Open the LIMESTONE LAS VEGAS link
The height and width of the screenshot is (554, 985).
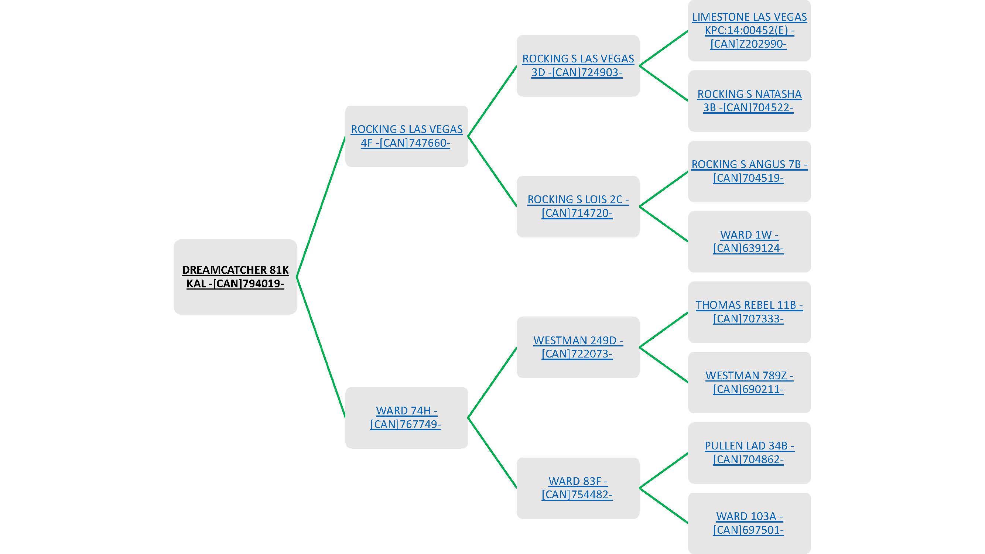[x=749, y=30]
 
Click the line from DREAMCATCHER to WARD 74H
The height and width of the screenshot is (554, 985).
[x=321, y=347]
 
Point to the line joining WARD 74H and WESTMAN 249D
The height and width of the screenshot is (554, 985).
[x=492, y=382]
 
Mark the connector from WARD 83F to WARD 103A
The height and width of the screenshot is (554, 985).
[x=663, y=506]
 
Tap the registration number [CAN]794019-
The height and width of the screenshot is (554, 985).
[x=249, y=284]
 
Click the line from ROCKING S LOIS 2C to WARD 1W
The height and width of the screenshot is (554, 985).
[x=663, y=224]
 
